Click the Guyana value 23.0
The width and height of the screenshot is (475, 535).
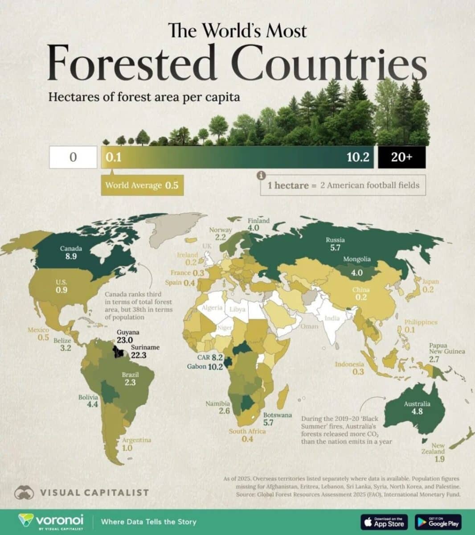click(127, 340)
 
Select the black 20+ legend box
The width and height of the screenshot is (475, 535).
click(401, 157)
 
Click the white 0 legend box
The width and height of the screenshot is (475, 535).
click(73, 157)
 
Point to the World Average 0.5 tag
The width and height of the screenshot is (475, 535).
click(142, 185)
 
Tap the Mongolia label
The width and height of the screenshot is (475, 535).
click(356, 259)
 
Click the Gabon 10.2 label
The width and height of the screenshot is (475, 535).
click(205, 366)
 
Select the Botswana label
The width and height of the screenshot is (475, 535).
click(278, 415)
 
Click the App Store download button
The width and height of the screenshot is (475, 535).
click(384, 522)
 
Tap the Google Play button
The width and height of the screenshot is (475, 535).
click(438, 522)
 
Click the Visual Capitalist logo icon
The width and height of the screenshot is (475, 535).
click(25, 493)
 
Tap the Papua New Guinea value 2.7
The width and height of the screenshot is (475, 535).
click(434, 359)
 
